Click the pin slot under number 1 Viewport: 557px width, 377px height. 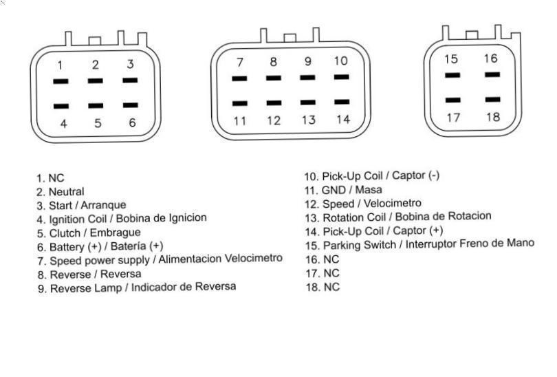click(x=61, y=81)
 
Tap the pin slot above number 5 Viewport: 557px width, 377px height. click(x=96, y=105)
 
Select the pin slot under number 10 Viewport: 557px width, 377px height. click(x=342, y=77)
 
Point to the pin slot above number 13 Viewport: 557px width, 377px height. click(x=308, y=103)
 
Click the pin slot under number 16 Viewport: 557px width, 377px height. click(x=492, y=74)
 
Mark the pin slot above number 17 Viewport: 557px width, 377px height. click(x=453, y=100)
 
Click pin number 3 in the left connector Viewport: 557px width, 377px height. click(x=131, y=64)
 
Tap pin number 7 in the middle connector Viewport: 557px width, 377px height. click(x=240, y=62)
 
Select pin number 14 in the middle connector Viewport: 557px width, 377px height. click(x=344, y=120)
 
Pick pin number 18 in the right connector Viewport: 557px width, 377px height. click(x=493, y=117)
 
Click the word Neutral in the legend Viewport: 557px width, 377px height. click(x=67, y=191)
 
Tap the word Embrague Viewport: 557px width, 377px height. click(x=115, y=233)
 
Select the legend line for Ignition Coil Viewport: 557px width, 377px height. click(x=122, y=219)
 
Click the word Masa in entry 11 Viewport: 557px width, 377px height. click(x=369, y=190)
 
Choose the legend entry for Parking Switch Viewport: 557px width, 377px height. click(x=420, y=244)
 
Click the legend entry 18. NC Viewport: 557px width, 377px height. click(x=323, y=287)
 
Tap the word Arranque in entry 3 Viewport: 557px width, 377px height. click(x=103, y=205)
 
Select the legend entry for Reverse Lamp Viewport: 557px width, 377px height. click(x=137, y=288)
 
